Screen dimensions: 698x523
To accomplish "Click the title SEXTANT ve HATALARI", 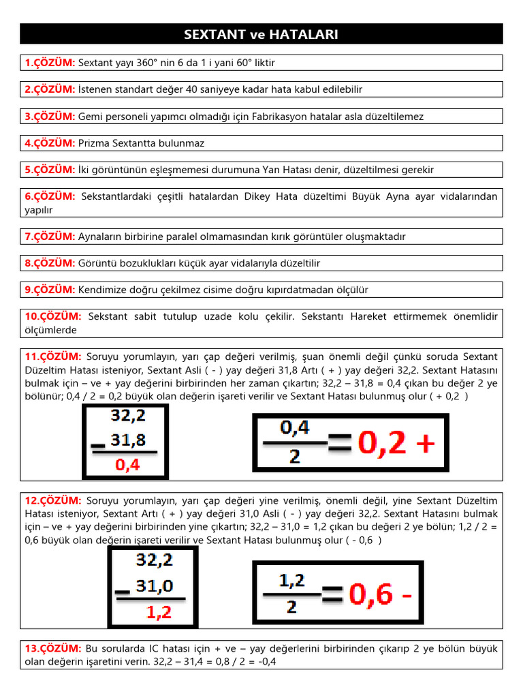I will point(261,34).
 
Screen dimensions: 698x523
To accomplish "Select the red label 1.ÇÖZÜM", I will point(50,63).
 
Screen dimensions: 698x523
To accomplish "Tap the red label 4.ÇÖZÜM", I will point(50,143).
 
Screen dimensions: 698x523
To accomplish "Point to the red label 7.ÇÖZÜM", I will point(50,237).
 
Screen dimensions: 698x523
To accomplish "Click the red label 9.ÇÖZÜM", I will point(50,290).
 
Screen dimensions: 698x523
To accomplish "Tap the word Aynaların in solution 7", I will point(100,237).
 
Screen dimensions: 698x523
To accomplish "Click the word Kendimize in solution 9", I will point(102,290).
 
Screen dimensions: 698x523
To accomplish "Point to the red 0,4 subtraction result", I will point(128,465).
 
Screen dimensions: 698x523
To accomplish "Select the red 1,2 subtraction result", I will point(159,612).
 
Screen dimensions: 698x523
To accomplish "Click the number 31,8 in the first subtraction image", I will point(128,440).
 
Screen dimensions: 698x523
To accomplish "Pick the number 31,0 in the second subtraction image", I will point(155,586).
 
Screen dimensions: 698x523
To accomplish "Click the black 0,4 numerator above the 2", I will point(295,428).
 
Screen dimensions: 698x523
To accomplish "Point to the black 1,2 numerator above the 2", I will point(292,581).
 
